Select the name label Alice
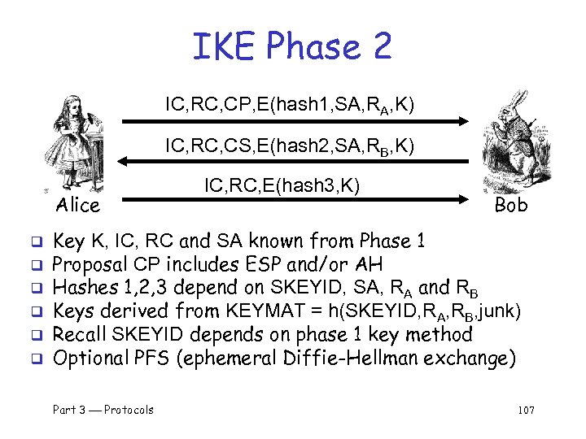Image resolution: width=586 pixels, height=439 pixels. click(x=78, y=205)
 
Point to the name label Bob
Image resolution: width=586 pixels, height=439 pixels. click(x=511, y=205)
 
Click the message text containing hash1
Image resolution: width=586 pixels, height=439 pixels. click(x=290, y=105)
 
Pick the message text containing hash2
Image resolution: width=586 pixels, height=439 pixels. click(x=290, y=146)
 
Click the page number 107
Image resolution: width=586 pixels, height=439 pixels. click(x=525, y=410)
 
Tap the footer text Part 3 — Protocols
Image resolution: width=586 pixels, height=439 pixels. click(x=103, y=410)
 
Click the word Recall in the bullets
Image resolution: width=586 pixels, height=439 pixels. click(x=80, y=334)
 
